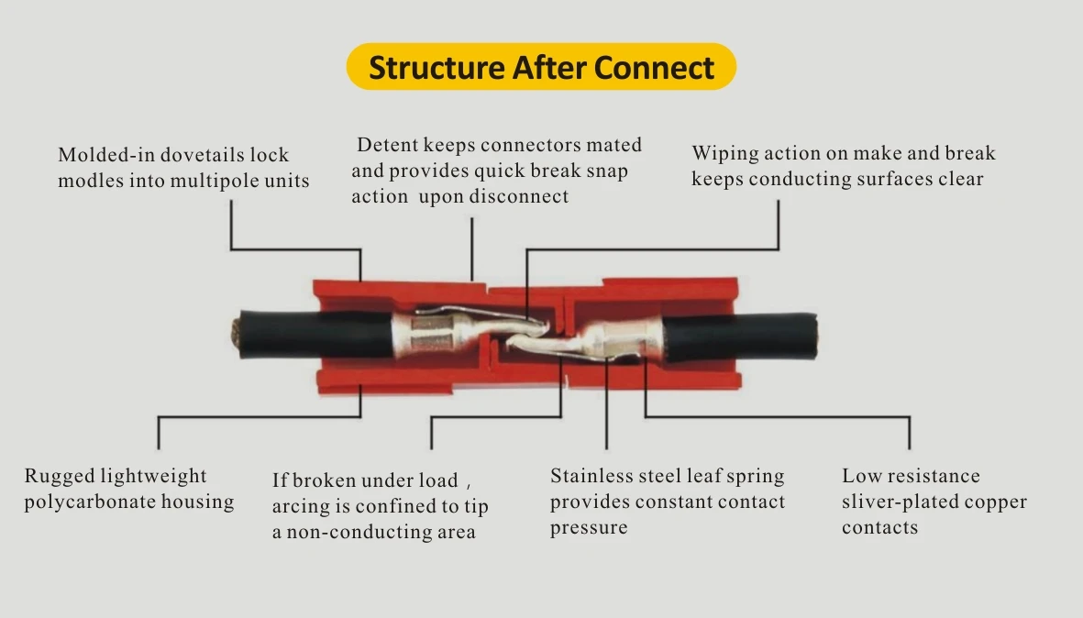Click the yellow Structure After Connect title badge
coord(541,68)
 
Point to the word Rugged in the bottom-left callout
coord(58,477)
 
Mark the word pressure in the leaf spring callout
coord(589,528)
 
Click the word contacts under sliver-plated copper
coord(879,528)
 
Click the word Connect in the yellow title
coord(654,68)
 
